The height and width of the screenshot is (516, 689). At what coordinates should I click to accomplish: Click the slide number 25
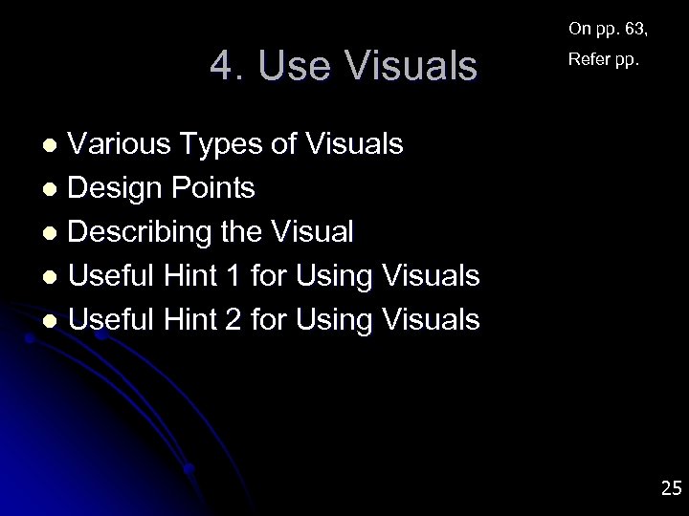[x=670, y=489]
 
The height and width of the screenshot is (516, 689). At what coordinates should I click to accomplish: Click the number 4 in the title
[x=221, y=66]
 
